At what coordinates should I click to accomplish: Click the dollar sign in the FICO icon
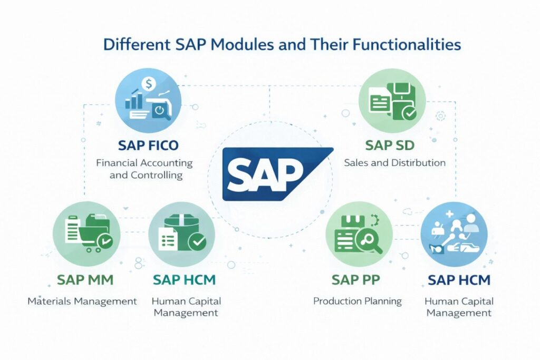click(149, 83)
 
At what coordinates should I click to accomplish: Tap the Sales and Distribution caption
click(394, 163)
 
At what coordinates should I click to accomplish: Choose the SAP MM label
click(86, 279)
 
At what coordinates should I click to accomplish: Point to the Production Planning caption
click(357, 301)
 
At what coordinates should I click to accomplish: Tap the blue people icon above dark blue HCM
click(454, 233)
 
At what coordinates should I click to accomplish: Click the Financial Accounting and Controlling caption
click(144, 169)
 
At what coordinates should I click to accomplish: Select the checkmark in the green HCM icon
click(198, 242)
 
